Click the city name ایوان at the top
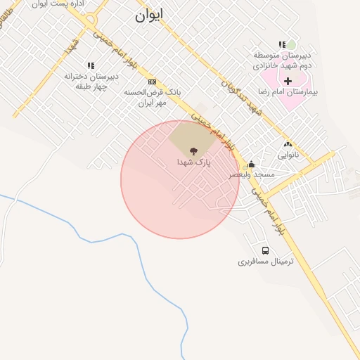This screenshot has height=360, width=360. point(150,16)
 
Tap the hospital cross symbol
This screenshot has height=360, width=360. point(288,80)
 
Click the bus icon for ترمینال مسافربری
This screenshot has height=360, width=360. point(265,250)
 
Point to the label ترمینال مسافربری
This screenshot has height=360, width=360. point(264,262)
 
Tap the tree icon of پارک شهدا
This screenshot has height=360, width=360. point(193,150)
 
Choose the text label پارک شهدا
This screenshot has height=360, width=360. point(193,162)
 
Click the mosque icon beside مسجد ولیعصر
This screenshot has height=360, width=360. point(252,164)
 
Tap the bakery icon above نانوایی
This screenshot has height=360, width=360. point(287,143)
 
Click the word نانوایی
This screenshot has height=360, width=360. point(287,154)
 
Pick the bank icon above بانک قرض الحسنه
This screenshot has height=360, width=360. point(152,82)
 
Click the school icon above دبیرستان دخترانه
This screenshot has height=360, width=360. point(90,65)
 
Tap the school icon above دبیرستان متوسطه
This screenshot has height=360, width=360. point(282,44)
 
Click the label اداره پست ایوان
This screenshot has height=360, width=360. point(60,4)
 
